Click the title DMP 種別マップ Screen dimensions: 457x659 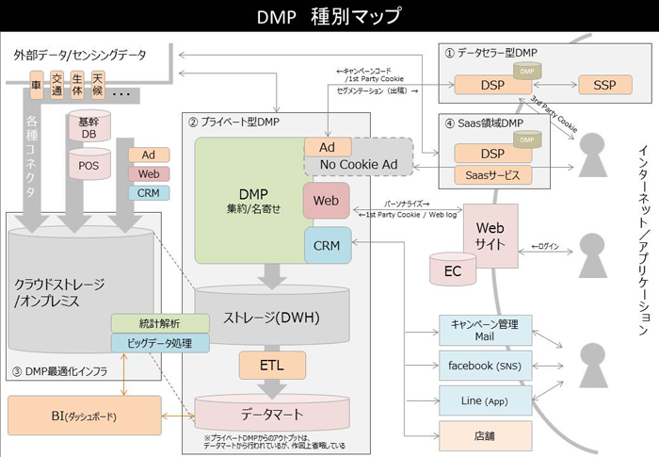click(x=329, y=16)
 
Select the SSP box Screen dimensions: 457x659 click(x=605, y=85)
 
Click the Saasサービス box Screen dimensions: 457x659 click(x=491, y=175)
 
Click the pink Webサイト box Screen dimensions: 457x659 click(x=490, y=235)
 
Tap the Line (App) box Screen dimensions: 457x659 click(x=485, y=400)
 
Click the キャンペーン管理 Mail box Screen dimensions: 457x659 click(x=485, y=329)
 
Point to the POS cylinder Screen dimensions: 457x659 click(x=88, y=165)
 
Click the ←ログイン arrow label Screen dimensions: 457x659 click(x=545, y=246)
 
